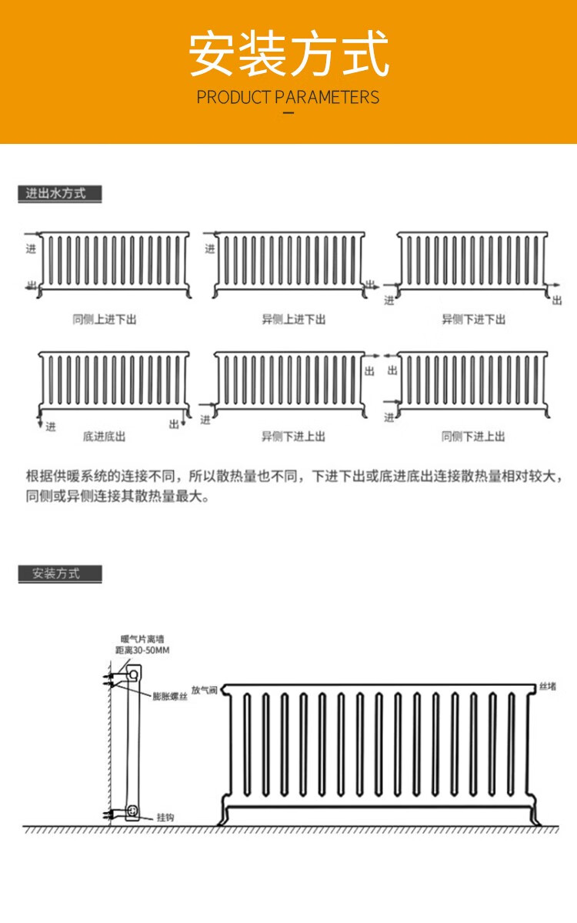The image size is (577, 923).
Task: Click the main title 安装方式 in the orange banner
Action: [x=288, y=54]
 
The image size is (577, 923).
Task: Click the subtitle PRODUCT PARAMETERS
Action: [x=288, y=97]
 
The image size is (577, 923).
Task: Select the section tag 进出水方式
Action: [x=59, y=193]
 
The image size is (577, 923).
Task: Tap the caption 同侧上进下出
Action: [x=105, y=319]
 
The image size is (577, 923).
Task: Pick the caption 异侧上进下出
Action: [x=293, y=319]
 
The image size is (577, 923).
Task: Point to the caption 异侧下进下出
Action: [x=473, y=319]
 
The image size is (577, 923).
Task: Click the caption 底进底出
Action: [x=104, y=436]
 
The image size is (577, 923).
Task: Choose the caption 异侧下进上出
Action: [x=293, y=436]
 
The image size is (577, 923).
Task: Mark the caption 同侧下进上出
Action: [x=473, y=436]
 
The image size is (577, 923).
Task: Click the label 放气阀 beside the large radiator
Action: [x=204, y=690]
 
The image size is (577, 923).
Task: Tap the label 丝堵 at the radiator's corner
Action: [x=548, y=687]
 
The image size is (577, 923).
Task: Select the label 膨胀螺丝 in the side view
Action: [x=170, y=697]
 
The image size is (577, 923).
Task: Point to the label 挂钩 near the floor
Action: [x=165, y=818]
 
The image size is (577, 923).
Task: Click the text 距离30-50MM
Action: [x=142, y=650]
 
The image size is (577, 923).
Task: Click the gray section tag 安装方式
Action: [x=59, y=574]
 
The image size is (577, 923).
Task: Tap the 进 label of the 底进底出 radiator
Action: [x=51, y=426]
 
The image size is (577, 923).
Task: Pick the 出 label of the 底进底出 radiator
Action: [x=174, y=424]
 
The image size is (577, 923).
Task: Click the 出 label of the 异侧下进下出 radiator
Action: [x=557, y=301]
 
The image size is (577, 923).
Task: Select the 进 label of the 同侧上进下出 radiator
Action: [x=31, y=249]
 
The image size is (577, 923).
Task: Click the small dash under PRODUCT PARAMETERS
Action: [x=288, y=112]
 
